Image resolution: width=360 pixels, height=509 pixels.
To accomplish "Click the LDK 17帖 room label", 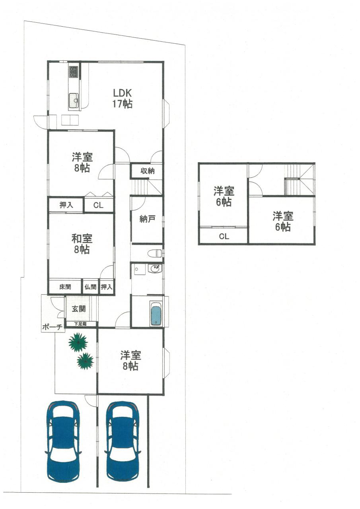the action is tap(123, 98).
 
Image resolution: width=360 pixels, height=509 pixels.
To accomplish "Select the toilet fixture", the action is tap(154, 253).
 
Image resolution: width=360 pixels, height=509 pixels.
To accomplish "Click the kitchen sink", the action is tap(74, 101).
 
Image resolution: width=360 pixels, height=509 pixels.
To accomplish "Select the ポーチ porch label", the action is tap(52, 327).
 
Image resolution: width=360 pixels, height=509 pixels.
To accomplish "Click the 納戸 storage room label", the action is tap(147, 219).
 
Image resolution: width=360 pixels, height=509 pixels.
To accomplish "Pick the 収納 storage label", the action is tap(148, 171).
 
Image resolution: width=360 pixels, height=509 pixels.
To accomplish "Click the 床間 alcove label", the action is tap(65, 287).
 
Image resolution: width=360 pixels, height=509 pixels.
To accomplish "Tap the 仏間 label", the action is tap(90, 287).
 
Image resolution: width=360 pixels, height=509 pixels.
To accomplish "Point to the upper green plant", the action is tap(78, 342).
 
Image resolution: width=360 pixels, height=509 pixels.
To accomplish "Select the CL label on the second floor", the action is tap(224, 237).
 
